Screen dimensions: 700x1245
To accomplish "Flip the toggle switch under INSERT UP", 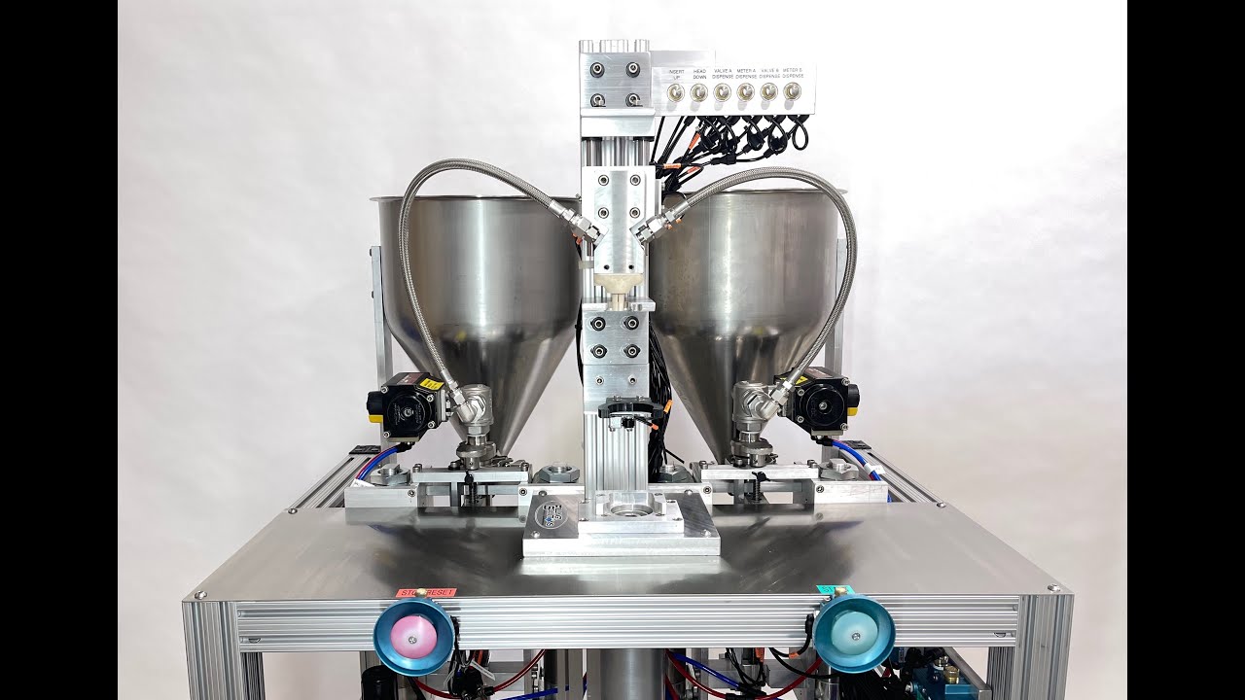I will [x=675, y=92].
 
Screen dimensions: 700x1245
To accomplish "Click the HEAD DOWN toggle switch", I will [x=698, y=92].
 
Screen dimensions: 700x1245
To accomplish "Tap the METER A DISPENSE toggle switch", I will [x=745, y=92].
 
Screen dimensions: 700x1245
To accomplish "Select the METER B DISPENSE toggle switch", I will [x=792, y=92].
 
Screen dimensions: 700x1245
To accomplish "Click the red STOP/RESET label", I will [x=424, y=592].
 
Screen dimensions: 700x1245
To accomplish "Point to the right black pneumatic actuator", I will [x=824, y=401].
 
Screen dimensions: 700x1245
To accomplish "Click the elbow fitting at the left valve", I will [x=473, y=403].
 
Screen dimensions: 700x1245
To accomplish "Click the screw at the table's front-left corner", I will [x=200, y=592].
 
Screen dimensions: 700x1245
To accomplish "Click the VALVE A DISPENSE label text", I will [x=722, y=73].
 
